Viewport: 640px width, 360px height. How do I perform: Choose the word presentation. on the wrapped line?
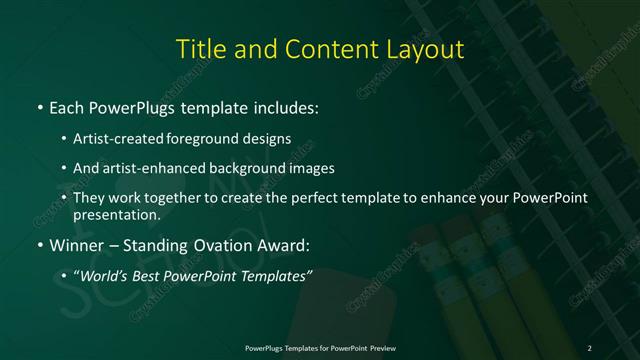coord(116,214)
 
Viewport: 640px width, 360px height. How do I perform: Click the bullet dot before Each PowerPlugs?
coord(39,107)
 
